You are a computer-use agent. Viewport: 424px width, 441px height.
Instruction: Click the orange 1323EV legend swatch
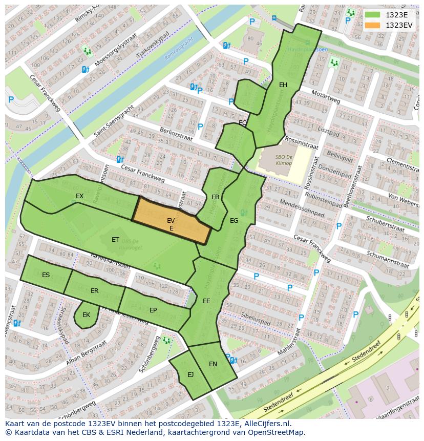tap(373, 25)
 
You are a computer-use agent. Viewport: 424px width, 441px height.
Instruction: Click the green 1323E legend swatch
tap(373, 15)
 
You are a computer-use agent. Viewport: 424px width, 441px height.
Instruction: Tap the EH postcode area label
tap(283, 85)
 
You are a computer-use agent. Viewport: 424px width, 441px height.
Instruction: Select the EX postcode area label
tap(79, 196)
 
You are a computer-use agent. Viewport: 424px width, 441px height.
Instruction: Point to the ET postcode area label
tap(115, 239)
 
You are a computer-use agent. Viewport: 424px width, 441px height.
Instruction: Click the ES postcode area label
tap(46, 275)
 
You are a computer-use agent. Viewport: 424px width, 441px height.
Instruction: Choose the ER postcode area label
tap(94, 291)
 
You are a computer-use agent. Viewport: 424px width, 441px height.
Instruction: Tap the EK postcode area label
tap(86, 315)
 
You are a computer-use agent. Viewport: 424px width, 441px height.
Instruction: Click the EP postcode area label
tap(153, 310)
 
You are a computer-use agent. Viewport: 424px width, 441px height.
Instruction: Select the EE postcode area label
tap(206, 301)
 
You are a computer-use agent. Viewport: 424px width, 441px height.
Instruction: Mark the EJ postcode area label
tap(190, 375)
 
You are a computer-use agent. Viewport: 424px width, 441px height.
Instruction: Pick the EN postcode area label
tap(213, 364)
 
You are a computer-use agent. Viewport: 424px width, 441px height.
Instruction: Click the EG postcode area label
tap(234, 221)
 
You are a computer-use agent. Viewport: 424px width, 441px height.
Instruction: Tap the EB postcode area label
tap(216, 197)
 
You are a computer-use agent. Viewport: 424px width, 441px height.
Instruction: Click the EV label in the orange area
tap(171, 220)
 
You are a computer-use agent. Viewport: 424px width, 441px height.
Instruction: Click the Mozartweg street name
tap(326, 97)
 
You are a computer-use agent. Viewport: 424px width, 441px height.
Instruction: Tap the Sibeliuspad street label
tap(255, 319)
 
